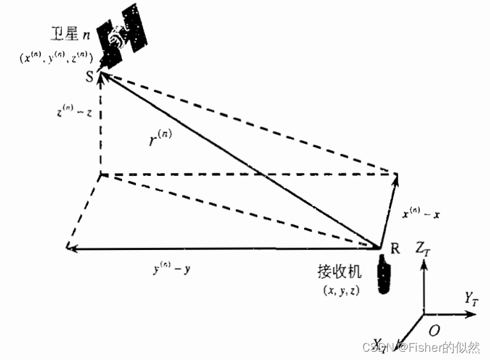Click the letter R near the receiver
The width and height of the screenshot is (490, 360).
395,249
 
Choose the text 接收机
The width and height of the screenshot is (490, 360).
339,272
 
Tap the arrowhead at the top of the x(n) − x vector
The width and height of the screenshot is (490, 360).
397,176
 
